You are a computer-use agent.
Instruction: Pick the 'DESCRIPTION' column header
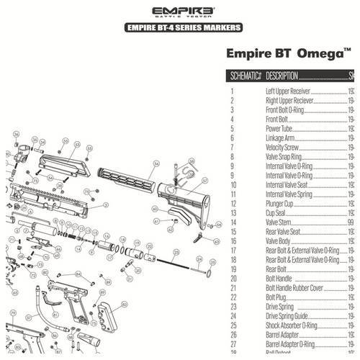click(x=282, y=76)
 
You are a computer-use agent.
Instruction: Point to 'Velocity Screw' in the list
click(x=284, y=147)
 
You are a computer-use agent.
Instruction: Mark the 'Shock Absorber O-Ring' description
click(x=296, y=326)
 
